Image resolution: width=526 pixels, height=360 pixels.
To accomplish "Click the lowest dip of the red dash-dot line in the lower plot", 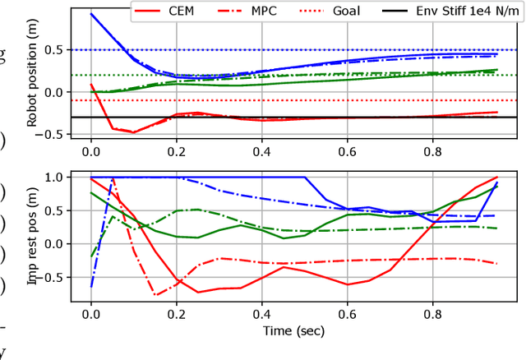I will [155, 294].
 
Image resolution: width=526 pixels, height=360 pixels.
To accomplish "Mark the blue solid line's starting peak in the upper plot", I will [91, 14].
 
